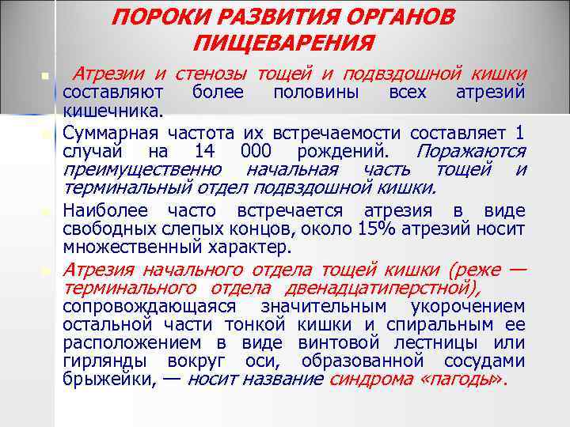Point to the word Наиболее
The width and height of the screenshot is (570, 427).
point(108,211)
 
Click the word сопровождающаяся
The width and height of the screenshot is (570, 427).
point(148,306)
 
